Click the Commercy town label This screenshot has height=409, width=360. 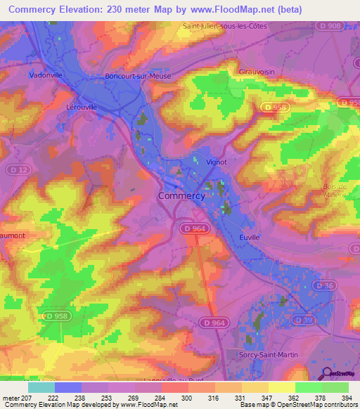coord(181,196)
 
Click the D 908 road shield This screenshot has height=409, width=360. coord(335,26)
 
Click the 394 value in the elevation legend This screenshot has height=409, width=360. coord(346,398)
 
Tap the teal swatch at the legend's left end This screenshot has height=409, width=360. coord(41,387)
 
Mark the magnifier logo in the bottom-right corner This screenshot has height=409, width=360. coord(327,373)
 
